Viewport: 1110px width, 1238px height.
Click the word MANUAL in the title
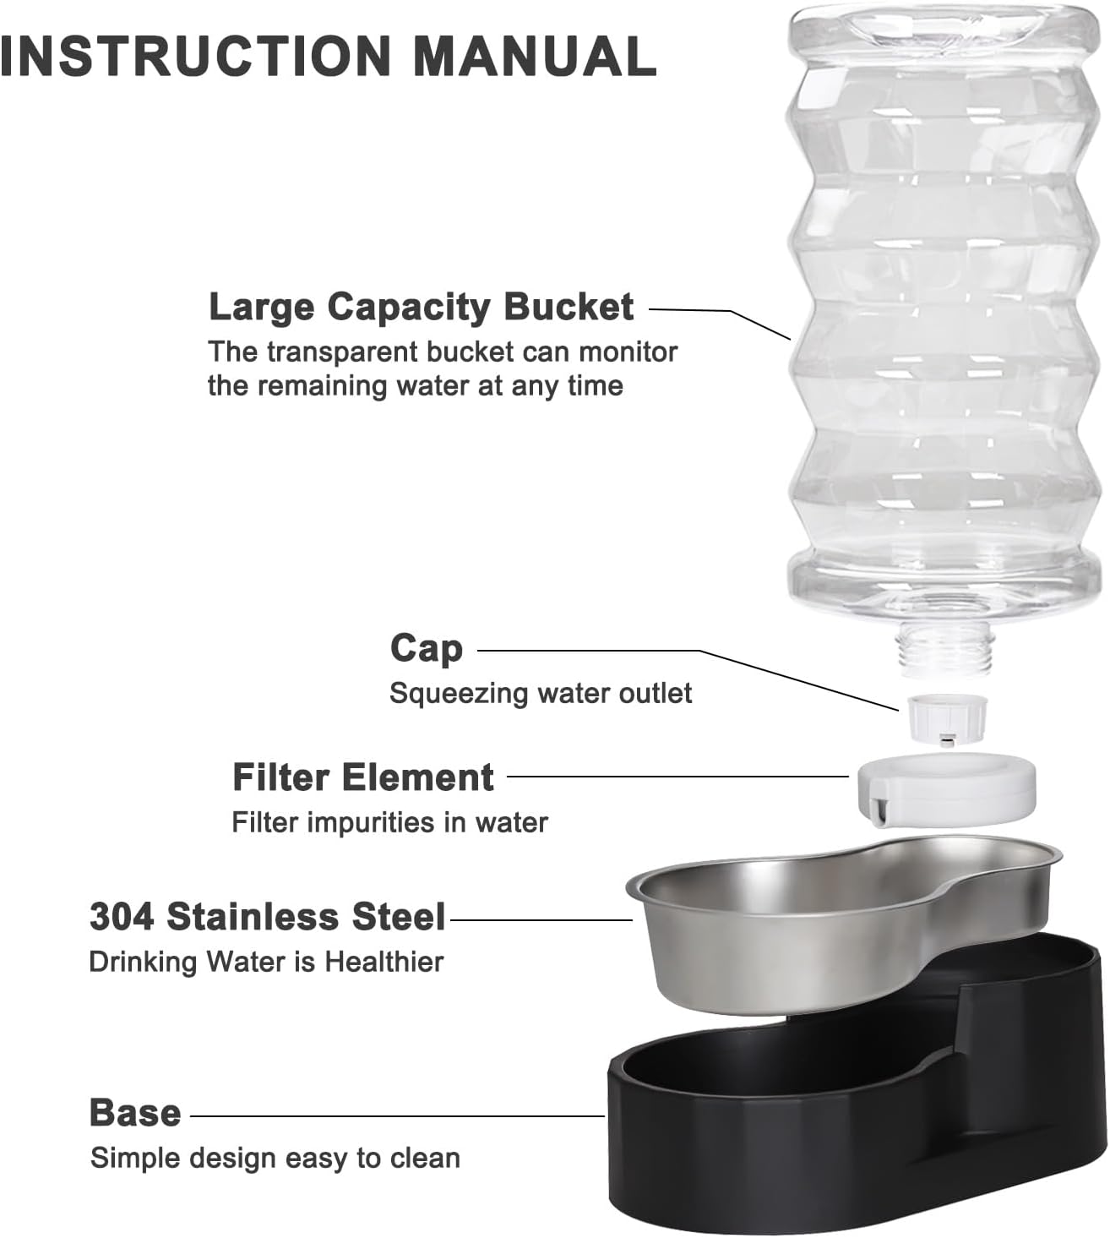click(535, 56)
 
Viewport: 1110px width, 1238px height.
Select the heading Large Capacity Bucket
click(420, 308)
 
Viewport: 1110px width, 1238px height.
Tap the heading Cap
click(427, 649)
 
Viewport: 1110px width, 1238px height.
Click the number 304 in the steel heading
click(122, 918)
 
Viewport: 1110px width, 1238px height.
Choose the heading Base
click(135, 1114)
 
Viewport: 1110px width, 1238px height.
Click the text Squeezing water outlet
click(540, 694)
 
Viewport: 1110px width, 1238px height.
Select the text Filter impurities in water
click(389, 822)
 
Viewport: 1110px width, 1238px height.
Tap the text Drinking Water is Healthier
click(266, 962)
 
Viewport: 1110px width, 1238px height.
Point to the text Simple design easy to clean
click(275, 1158)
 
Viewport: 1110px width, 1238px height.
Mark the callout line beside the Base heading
click(397, 1116)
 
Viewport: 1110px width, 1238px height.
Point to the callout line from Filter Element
click(676, 777)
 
